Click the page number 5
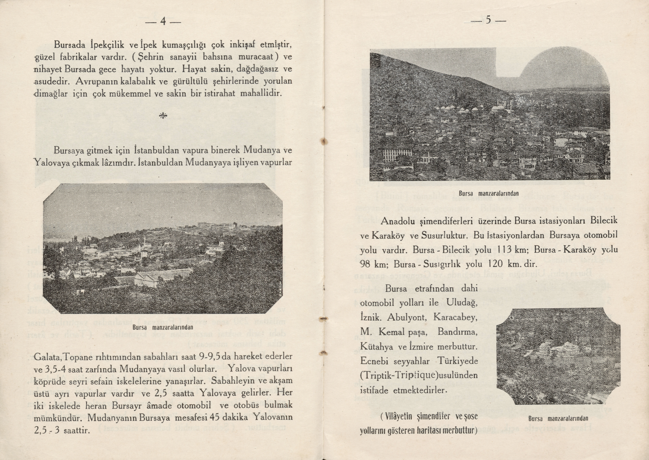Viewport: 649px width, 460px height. [488, 21]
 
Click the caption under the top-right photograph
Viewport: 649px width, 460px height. [489, 194]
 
